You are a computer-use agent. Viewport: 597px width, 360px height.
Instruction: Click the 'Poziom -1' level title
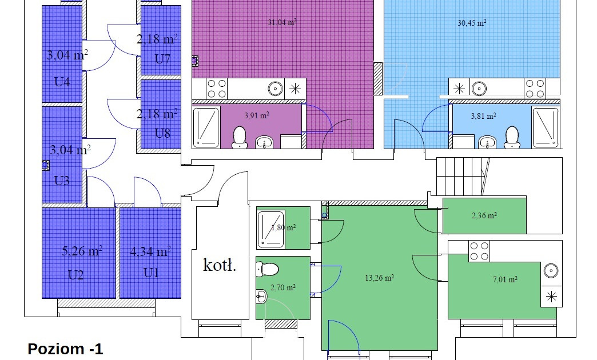tap(65, 349)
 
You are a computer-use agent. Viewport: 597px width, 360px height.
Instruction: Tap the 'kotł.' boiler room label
tap(220, 265)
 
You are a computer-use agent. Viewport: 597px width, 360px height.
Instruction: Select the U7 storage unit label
tap(162, 59)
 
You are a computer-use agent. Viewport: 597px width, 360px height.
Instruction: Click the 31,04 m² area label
tap(282, 22)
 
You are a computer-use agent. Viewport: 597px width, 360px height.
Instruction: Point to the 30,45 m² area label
tap(472, 23)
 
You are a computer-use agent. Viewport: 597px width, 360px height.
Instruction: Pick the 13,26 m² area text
tap(379, 278)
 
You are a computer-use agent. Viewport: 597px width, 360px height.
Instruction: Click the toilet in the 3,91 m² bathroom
tap(239, 137)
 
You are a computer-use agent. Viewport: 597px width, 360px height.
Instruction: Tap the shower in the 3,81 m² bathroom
tap(546, 127)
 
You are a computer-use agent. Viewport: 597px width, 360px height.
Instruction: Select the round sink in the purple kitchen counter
tap(275, 89)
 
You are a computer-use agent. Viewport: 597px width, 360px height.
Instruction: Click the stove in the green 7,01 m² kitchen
tap(479, 251)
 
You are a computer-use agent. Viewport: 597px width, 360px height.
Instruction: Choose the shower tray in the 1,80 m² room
tap(271, 228)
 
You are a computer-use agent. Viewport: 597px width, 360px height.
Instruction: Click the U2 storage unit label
tap(75, 275)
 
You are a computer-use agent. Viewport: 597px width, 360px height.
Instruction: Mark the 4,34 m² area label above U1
tap(150, 251)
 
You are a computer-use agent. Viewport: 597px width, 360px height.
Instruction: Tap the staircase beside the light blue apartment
tap(463, 176)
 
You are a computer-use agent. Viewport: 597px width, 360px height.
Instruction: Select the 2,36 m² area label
tap(484, 216)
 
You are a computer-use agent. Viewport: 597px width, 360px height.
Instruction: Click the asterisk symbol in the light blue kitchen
tap(459, 89)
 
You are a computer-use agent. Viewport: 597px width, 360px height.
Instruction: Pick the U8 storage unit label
tap(162, 133)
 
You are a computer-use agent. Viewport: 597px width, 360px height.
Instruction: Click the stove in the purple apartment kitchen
tap(217, 89)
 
